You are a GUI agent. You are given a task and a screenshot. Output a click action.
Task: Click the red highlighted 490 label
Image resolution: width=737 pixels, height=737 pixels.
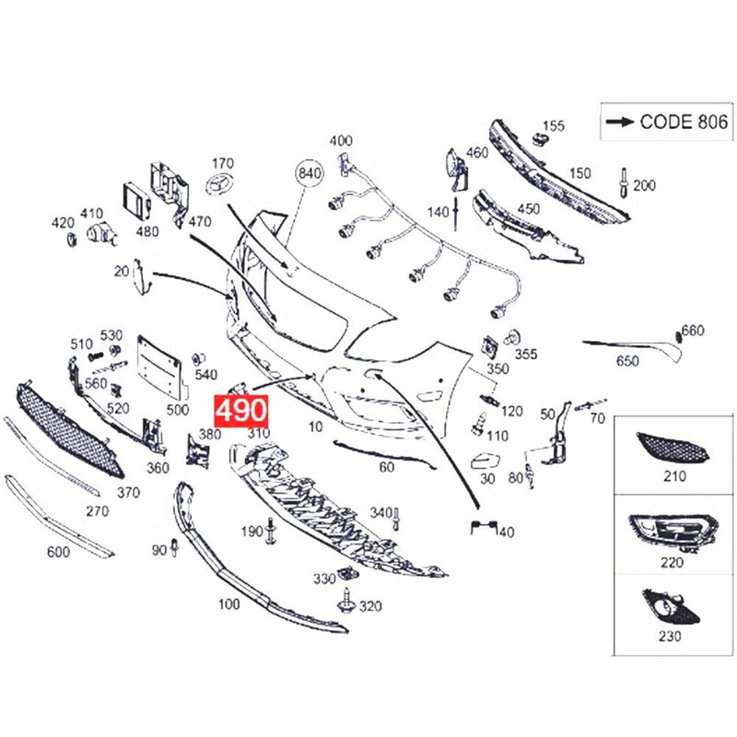pyautogui.click(x=241, y=412)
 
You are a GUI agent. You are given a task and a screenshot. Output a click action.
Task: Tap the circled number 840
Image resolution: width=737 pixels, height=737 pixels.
pyautogui.click(x=310, y=173)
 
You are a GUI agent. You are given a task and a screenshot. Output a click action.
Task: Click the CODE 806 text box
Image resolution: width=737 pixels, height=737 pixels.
pyautogui.click(x=666, y=122)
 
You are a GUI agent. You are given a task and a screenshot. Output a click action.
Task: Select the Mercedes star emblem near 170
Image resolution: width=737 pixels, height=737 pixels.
pyautogui.click(x=220, y=182)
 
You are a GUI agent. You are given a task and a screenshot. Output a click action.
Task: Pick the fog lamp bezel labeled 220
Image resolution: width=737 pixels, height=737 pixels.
pyautogui.click(x=673, y=533)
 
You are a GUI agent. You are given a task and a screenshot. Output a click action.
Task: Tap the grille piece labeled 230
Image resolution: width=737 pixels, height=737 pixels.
pyautogui.click(x=672, y=607)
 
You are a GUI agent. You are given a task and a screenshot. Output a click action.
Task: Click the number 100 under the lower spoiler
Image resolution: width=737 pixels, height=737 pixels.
pyautogui.click(x=228, y=603)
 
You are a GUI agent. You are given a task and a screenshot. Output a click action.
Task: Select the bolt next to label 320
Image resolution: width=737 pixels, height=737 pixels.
pyautogui.click(x=346, y=601)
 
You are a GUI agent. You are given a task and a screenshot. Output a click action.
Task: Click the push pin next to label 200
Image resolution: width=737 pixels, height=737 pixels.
pyautogui.click(x=624, y=182)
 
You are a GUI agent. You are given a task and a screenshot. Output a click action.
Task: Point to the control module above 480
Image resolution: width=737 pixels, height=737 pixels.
pyautogui.click(x=136, y=200)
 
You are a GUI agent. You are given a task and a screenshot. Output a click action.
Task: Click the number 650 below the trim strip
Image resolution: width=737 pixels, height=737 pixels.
pyautogui.click(x=627, y=361)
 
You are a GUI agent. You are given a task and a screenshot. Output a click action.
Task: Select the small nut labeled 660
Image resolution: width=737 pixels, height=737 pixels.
pyautogui.click(x=678, y=336)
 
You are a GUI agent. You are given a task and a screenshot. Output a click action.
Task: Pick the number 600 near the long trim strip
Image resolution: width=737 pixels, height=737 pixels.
pyautogui.click(x=58, y=551)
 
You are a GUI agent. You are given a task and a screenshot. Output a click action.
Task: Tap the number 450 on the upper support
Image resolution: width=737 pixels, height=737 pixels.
pyautogui.click(x=528, y=209)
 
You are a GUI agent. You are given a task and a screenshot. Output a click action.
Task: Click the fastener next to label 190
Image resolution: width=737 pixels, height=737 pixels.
pyautogui.click(x=271, y=532)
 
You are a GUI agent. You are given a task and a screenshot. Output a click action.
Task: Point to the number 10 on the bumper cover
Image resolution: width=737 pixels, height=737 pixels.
pyautogui.click(x=316, y=427)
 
